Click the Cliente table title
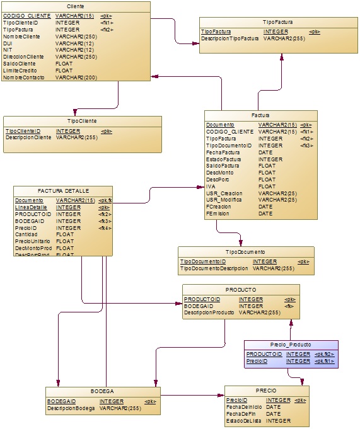coord(75,6)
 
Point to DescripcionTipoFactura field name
coord(229,38)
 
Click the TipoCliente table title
coord(82,120)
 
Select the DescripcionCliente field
coord(28,137)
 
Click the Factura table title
coord(260,116)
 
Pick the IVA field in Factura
coord(211,186)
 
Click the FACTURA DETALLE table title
coord(63,190)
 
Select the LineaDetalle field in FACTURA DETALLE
coord(31,207)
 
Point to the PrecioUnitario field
coord(33,241)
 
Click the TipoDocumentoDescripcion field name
coord(214,268)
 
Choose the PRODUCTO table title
coord(241,290)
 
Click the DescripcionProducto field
coord(209,312)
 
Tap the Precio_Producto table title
coord(291,345)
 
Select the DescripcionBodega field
coord(71,408)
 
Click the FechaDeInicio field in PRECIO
coord(244,407)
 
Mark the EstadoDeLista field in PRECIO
coord(245,421)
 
